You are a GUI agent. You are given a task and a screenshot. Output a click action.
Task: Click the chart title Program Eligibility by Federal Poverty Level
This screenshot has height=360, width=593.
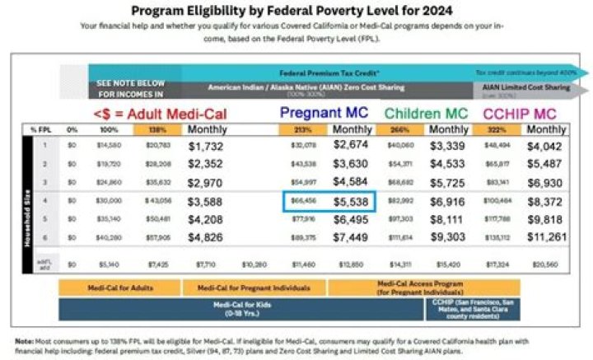[296, 11]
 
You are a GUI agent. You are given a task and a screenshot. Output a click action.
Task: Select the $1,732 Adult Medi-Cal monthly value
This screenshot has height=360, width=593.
[212, 146]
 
